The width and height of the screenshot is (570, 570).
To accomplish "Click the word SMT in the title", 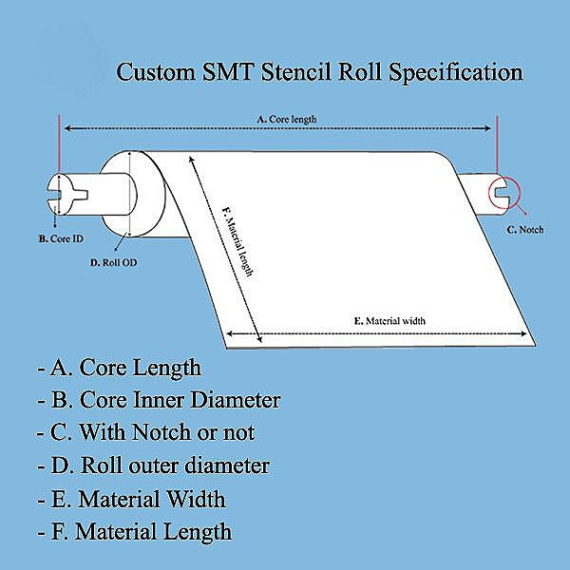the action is pos(227,71).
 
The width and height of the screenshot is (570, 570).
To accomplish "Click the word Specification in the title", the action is pos(456,73).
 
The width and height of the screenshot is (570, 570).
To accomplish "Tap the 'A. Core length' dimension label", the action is pos(287,119).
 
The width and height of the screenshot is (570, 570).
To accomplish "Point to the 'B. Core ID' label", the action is pos(61,238).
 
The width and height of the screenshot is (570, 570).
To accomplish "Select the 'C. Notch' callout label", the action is pos(525,229).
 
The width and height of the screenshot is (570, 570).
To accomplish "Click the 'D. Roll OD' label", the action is pos(114,262).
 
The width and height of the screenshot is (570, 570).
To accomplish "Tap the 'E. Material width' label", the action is pos(389,321).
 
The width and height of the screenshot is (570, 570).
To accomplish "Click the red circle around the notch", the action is pos(504,193).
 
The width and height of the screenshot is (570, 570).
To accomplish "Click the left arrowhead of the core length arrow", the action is pos(66,128).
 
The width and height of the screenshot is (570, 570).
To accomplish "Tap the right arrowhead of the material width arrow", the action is pos(523,333).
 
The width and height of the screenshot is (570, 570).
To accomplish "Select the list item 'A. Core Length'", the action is pos(120,367).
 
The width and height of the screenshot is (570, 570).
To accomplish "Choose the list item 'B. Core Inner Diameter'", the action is pos(160,400).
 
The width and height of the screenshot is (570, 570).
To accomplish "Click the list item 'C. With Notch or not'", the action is pos(146,432).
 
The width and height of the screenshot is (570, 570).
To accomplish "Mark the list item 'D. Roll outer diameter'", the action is pos(153,465).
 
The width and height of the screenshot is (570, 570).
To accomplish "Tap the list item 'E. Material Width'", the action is pos(132,498).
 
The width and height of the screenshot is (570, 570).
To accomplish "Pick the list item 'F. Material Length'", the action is pos(135,531).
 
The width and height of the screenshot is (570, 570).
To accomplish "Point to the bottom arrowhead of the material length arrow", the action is pos(259,339).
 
